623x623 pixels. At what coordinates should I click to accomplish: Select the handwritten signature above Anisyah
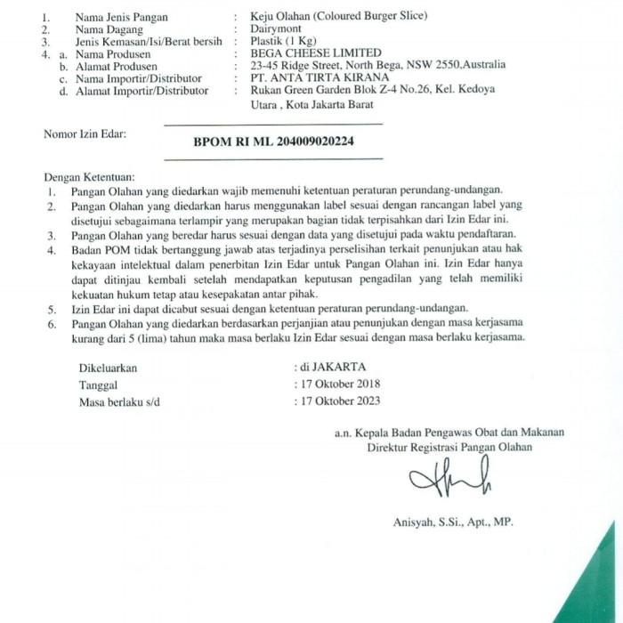(449, 482)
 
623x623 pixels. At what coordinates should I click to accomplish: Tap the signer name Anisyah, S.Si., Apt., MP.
(453, 522)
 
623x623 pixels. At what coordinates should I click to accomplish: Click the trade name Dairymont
(279, 29)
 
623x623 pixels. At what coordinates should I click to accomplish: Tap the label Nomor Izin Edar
(85, 134)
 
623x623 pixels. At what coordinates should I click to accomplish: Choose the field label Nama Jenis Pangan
(121, 17)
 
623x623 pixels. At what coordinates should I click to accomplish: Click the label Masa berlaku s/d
(117, 402)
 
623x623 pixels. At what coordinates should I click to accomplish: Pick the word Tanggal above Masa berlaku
(99, 384)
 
